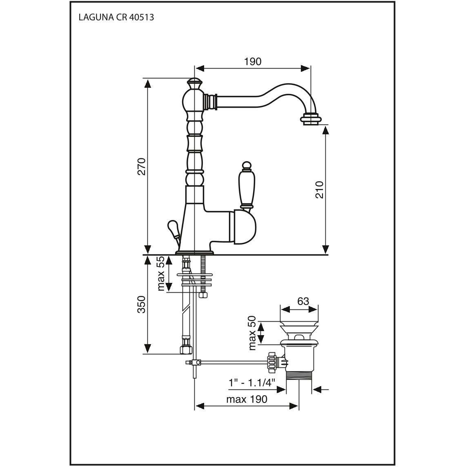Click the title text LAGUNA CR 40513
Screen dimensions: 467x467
click(116, 17)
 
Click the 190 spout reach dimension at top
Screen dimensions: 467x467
click(253, 62)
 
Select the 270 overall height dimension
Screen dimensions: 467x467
click(142, 167)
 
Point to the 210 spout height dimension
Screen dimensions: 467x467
click(319, 190)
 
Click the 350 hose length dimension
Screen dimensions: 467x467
click(142, 304)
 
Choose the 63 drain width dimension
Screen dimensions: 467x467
click(303, 301)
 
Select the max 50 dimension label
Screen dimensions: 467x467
click(252, 333)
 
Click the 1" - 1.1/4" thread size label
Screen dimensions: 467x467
click(252, 382)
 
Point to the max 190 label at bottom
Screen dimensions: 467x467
click(247, 399)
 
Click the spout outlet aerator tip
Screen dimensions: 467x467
click(311, 120)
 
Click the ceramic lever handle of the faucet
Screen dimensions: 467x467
click(247, 185)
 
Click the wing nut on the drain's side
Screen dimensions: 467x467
click(271, 362)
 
